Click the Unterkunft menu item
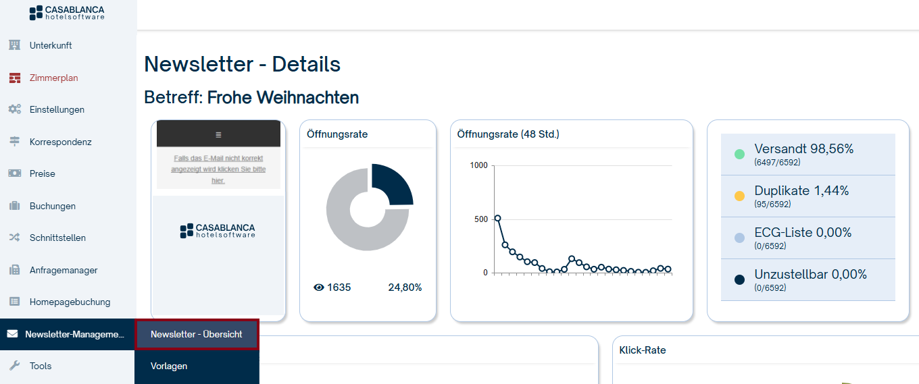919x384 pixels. click(x=50, y=46)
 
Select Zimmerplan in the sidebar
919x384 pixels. click(x=53, y=78)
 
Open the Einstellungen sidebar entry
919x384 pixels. click(x=57, y=109)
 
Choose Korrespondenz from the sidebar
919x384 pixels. click(x=60, y=142)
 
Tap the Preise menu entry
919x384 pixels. click(x=42, y=173)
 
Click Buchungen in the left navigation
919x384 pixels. click(x=52, y=206)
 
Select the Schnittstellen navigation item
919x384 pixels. click(x=57, y=238)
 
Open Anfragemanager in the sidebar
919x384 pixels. click(x=63, y=270)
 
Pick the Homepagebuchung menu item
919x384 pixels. click(x=70, y=302)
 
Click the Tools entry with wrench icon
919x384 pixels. click(x=40, y=366)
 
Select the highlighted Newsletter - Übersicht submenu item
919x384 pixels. click(x=197, y=335)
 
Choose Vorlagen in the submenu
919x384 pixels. click(x=169, y=366)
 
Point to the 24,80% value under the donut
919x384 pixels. click(x=405, y=287)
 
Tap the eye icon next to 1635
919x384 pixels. click(x=319, y=287)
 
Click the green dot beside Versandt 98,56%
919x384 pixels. click(x=739, y=154)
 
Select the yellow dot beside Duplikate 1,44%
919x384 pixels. click(x=739, y=196)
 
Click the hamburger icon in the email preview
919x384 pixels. click(x=218, y=135)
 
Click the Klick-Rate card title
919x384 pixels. click(x=643, y=350)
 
